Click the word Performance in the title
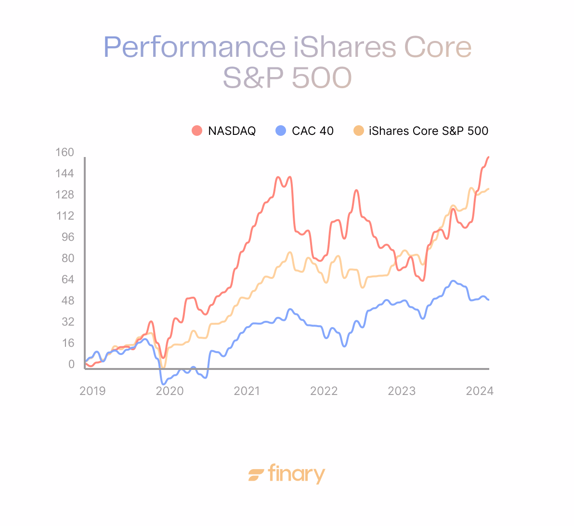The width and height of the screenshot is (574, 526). [x=194, y=47]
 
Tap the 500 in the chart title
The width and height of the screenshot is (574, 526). [x=322, y=78]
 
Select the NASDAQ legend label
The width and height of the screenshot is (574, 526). [x=232, y=131]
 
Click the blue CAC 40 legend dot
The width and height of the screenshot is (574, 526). [x=280, y=131]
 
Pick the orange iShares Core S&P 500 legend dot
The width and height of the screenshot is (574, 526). [x=358, y=131]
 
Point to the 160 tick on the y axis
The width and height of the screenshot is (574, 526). [x=65, y=153]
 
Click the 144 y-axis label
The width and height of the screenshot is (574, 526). [x=65, y=174]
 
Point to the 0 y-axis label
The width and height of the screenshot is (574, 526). [x=71, y=364]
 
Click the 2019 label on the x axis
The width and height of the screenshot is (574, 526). [x=92, y=391]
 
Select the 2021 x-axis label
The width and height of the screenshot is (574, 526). [x=247, y=391]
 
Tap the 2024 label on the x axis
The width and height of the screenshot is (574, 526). [x=479, y=391]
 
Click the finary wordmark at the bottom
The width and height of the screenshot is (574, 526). [x=296, y=474]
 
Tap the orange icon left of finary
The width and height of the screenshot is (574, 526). [x=256, y=475]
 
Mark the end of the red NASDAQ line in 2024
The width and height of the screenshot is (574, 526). [x=488, y=157]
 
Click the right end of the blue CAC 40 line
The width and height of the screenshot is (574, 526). [x=488, y=300]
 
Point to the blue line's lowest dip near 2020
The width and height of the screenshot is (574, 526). [x=163, y=384]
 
